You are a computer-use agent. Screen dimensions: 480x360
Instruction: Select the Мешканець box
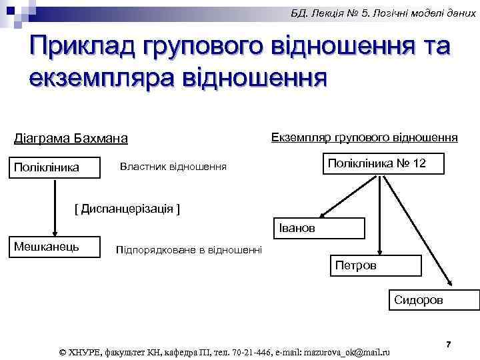coord(55,247)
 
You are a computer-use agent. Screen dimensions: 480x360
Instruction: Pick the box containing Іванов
coord(320,228)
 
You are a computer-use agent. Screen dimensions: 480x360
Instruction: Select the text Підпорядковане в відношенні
coord(189,250)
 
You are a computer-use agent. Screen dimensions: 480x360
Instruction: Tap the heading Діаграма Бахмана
coord(71,139)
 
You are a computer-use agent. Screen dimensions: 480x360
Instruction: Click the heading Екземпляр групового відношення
coord(364,137)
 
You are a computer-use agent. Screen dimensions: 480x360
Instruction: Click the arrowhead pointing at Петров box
coord(379,252)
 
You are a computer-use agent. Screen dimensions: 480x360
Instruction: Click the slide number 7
coord(449,344)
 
